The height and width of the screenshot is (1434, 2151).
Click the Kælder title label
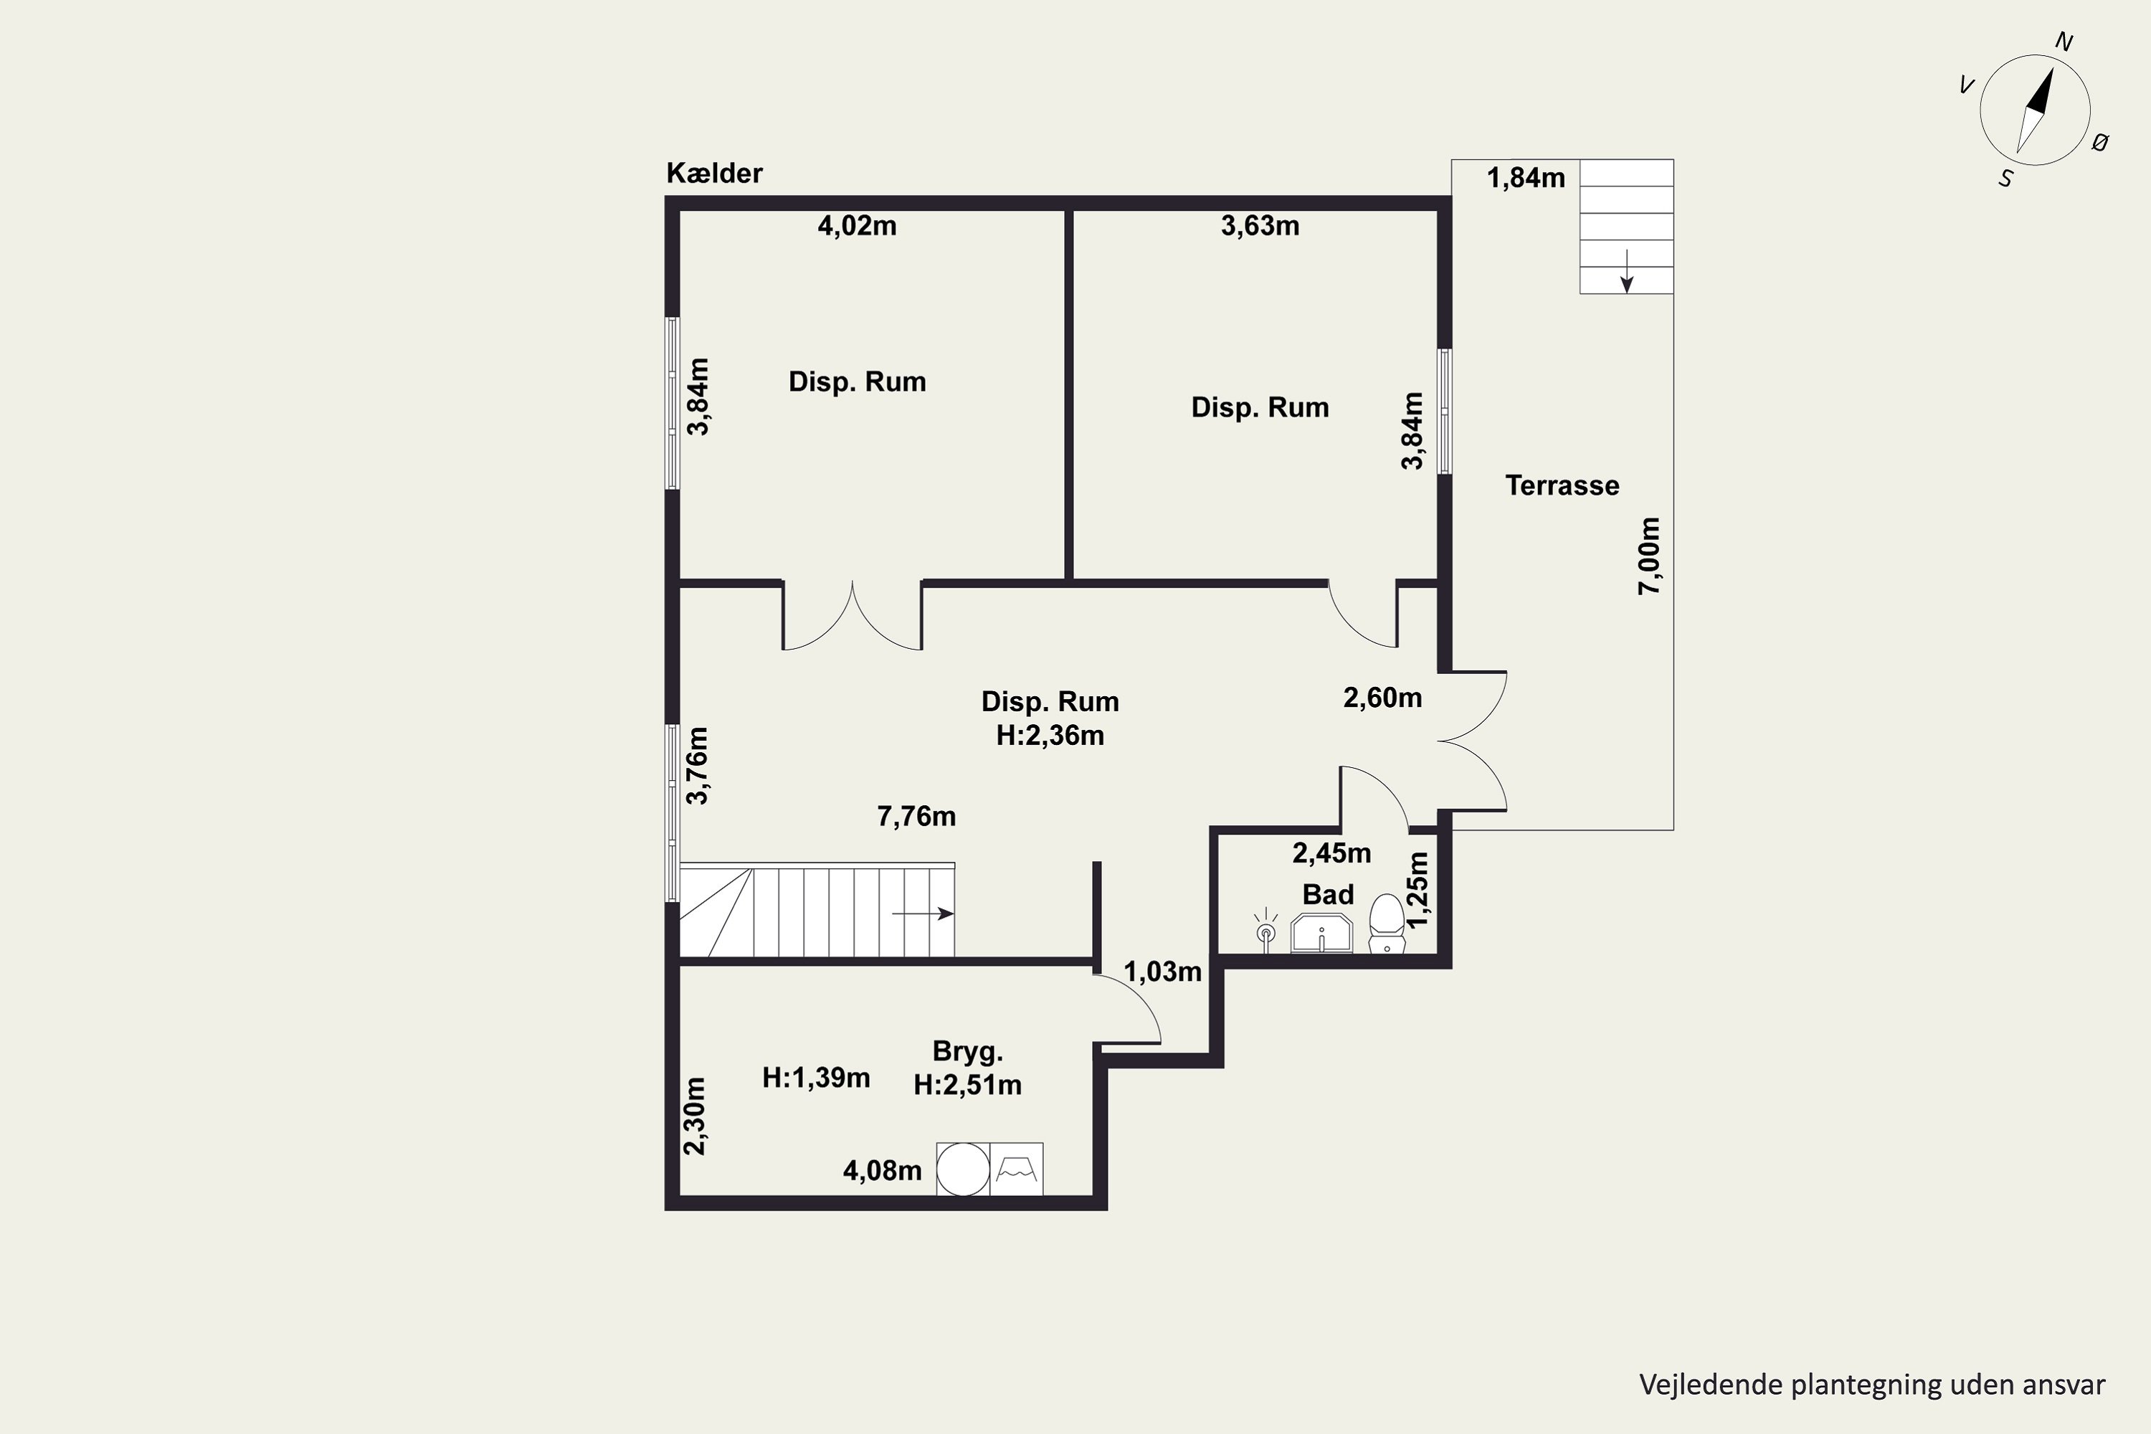click(714, 173)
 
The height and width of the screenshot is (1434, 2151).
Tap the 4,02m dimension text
click(857, 226)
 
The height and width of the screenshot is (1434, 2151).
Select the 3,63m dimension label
click(1260, 226)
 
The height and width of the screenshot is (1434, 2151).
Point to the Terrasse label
click(1562, 485)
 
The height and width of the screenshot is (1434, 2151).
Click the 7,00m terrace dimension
click(1649, 556)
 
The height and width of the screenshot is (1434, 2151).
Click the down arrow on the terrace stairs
click(1627, 271)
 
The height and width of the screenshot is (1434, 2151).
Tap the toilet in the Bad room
click(1387, 923)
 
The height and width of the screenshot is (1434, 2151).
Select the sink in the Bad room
click(1321, 933)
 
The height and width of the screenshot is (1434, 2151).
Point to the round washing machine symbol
click(963, 1169)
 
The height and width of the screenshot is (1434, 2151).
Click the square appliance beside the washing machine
click(1016, 1169)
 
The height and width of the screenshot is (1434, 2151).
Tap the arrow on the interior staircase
click(923, 913)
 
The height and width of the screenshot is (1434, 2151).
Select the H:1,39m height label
click(816, 1078)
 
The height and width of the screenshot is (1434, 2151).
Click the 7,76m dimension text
click(916, 817)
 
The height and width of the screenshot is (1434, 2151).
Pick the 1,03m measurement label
click(1162, 972)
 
